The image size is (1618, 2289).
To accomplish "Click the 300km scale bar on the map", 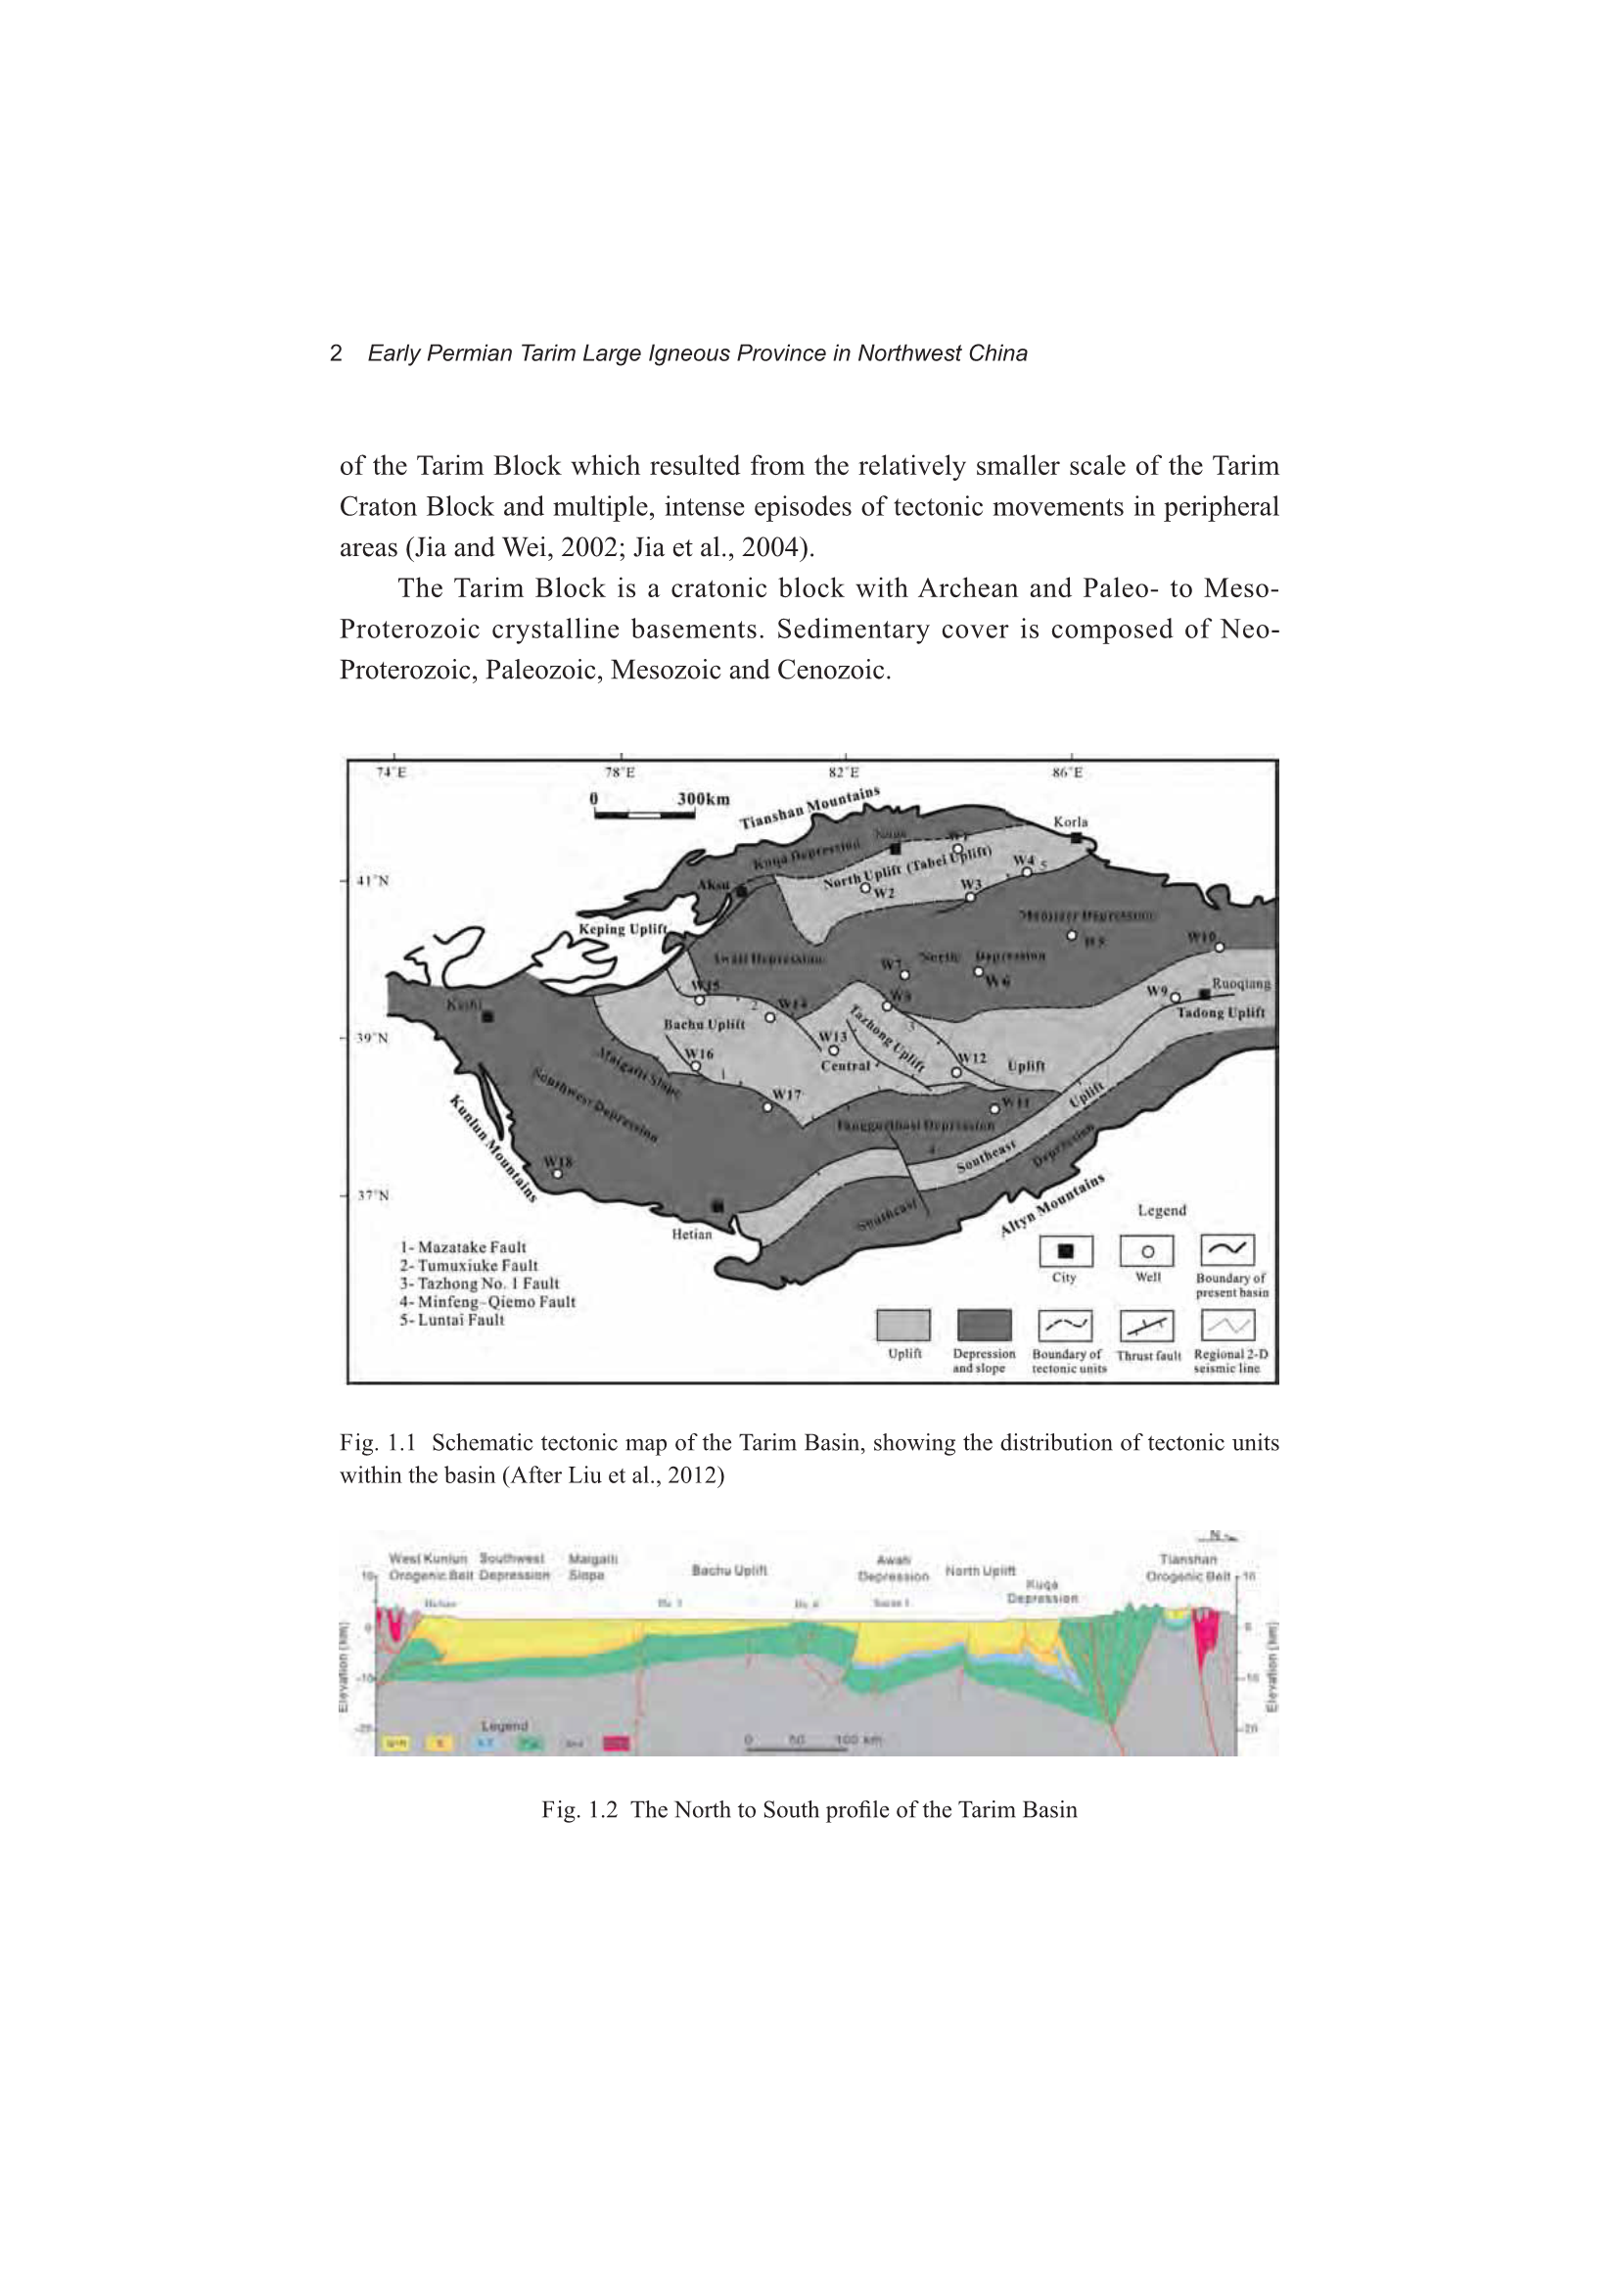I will point(644,815).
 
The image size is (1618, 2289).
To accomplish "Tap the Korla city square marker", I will point(1076,838).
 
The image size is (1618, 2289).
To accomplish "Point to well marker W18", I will point(557,1174).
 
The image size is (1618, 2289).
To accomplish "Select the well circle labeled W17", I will point(767,1106).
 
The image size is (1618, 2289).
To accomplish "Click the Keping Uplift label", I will point(623,929).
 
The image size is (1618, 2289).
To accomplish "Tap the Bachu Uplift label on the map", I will point(704,1024).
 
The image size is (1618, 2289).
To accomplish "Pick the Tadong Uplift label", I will point(1221,1012).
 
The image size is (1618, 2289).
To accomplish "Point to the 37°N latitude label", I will point(373,1195).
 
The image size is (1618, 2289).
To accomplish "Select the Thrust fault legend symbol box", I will point(1146,1326).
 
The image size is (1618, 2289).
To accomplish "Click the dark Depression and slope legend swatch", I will point(984,1326).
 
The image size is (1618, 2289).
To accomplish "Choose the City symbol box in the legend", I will point(1065,1251).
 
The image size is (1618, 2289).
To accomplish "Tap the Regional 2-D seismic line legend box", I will point(1227,1326).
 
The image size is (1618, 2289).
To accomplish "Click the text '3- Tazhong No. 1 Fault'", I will point(479,1285).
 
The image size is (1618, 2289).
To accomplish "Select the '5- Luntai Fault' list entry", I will point(451,1320).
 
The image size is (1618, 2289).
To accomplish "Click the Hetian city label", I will point(692,1235).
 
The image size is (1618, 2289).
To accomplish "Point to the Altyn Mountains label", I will point(1052,1206).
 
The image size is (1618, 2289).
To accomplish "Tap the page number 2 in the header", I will point(336,352).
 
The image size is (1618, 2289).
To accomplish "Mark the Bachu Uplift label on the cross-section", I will point(729,1570).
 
